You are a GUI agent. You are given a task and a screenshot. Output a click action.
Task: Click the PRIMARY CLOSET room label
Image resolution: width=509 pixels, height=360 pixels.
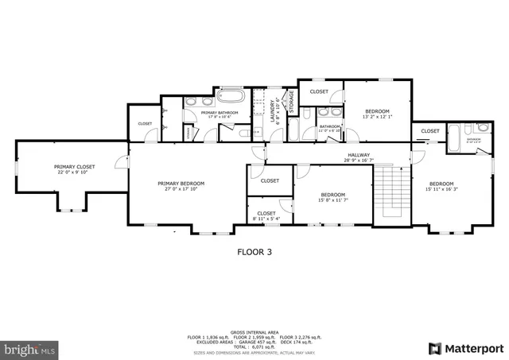[x=74, y=167]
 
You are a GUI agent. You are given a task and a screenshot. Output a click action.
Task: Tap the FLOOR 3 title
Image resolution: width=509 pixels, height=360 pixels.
[x=254, y=252]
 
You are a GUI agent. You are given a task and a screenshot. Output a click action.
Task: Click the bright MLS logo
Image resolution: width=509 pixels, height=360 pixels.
[x=30, y=348]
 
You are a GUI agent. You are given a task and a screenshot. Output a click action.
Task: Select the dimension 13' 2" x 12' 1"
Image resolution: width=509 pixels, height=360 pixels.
[x=377, y=117]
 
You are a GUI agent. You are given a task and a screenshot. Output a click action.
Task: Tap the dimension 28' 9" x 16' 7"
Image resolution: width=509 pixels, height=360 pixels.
[x=359, y=161]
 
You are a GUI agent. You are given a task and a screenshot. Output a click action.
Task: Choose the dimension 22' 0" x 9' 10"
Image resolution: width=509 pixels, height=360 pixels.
[x=74, y=172]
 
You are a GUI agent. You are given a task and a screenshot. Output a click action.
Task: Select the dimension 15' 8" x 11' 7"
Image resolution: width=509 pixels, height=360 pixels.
[x=332, y=200]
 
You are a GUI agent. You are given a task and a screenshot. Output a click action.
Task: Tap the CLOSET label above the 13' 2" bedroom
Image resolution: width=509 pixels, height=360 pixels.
[x=319, y=91]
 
